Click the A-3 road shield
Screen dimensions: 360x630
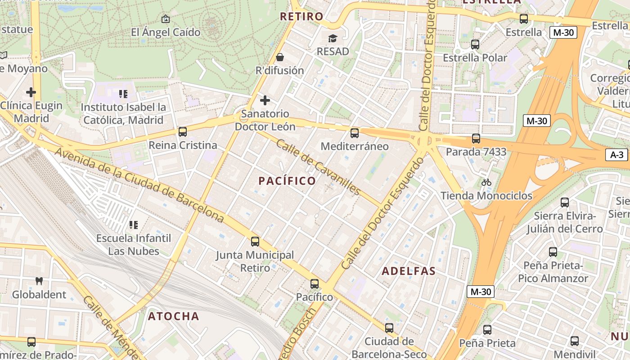tap(616, 155)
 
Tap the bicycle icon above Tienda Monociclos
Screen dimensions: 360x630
tap(486, 182)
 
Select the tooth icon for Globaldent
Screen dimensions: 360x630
tap(39, 281)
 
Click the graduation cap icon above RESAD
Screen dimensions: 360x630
tap(333, 38)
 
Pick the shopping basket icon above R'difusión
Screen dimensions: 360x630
tap(280, 57)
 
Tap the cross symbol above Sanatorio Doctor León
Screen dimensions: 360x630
tap(265, 100)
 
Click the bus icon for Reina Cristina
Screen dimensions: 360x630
tap(182, 132)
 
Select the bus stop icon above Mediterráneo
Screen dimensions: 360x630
tap(355, 133)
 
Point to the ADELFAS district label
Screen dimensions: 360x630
tap(409, 271)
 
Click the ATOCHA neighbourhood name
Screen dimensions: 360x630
tap(174, 316)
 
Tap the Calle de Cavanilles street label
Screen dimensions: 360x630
tap(319, 167)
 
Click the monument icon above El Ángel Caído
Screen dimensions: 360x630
tap(165, 19)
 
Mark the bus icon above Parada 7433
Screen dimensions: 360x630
tap(476, 139)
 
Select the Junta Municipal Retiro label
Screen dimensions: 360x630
tap(255, 261)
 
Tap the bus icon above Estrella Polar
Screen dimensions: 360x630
tap(475, 45)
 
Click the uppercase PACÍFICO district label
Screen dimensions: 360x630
tap(287, 181)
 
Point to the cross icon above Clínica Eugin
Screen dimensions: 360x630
tap(31, 92)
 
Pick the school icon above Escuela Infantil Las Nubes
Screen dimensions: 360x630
tap(133, 225)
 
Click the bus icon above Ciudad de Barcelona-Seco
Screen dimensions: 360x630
tap(389, 328)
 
